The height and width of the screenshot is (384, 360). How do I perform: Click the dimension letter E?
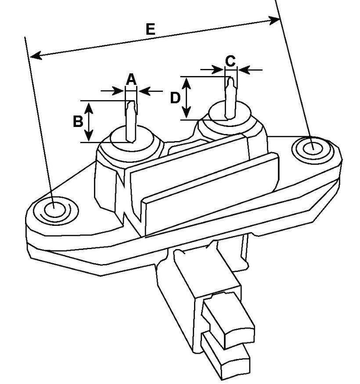(150, 29)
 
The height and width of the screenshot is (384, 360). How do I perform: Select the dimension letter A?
(131, 79)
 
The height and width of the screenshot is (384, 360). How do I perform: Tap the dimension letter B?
(78, 121)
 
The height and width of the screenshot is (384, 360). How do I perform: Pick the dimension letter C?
(230, 61)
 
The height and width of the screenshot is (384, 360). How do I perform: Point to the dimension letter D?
(175, 98)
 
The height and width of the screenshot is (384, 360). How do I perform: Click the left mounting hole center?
(54, 207)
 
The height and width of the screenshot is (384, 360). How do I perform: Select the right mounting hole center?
(313, 149)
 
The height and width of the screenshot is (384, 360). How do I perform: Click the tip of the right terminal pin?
(230, 78)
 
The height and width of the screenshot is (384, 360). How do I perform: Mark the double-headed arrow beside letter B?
(89, 122)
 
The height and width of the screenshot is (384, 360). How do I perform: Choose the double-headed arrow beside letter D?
(187, 98)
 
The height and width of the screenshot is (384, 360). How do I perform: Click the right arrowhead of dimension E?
(274, 20)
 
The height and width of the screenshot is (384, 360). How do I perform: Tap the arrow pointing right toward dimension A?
(112, 91)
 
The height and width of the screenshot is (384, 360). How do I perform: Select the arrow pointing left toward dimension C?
(251, 70)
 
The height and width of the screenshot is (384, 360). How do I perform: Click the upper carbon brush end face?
(239, 336)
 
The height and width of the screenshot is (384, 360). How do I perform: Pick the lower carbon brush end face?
(236, 368)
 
